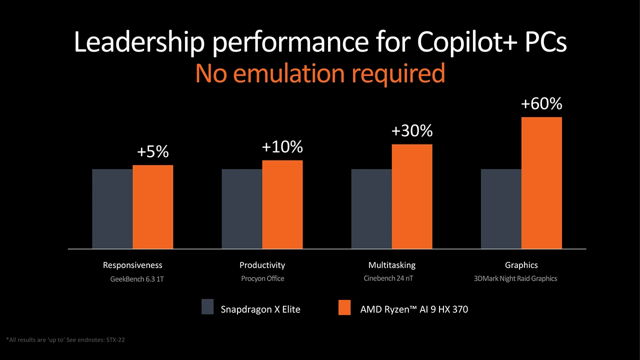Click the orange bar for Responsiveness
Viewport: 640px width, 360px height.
[x=153, y=206]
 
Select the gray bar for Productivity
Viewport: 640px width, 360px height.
[x=242, y=208]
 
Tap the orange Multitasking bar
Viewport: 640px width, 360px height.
[x=412, y=196]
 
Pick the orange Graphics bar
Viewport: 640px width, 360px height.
[x=541, y=182]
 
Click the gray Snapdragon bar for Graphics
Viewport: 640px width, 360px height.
[x=501, y=208]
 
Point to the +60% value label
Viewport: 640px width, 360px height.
[x=541, y=104]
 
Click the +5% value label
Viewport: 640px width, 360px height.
[x=153, y=152]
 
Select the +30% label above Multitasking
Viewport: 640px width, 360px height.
[x=412, y=131]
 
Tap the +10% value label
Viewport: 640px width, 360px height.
[x=282, y=147]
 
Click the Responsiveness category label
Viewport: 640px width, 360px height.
[x=132, y=265]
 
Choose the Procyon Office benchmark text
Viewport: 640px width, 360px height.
[x=262, y=278]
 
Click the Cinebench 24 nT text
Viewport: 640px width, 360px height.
[x=388, y=278]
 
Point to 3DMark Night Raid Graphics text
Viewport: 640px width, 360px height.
[x=515, y=278]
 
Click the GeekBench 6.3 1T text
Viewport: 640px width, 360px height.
[x=137, y=279]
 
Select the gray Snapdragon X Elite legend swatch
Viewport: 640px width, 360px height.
[x=207, y=307]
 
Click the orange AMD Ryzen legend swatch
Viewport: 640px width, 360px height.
[x=344, y=307]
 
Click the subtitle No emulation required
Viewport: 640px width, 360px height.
[x=320, y=73]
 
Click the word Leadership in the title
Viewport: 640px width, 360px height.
[x=138, y=43]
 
